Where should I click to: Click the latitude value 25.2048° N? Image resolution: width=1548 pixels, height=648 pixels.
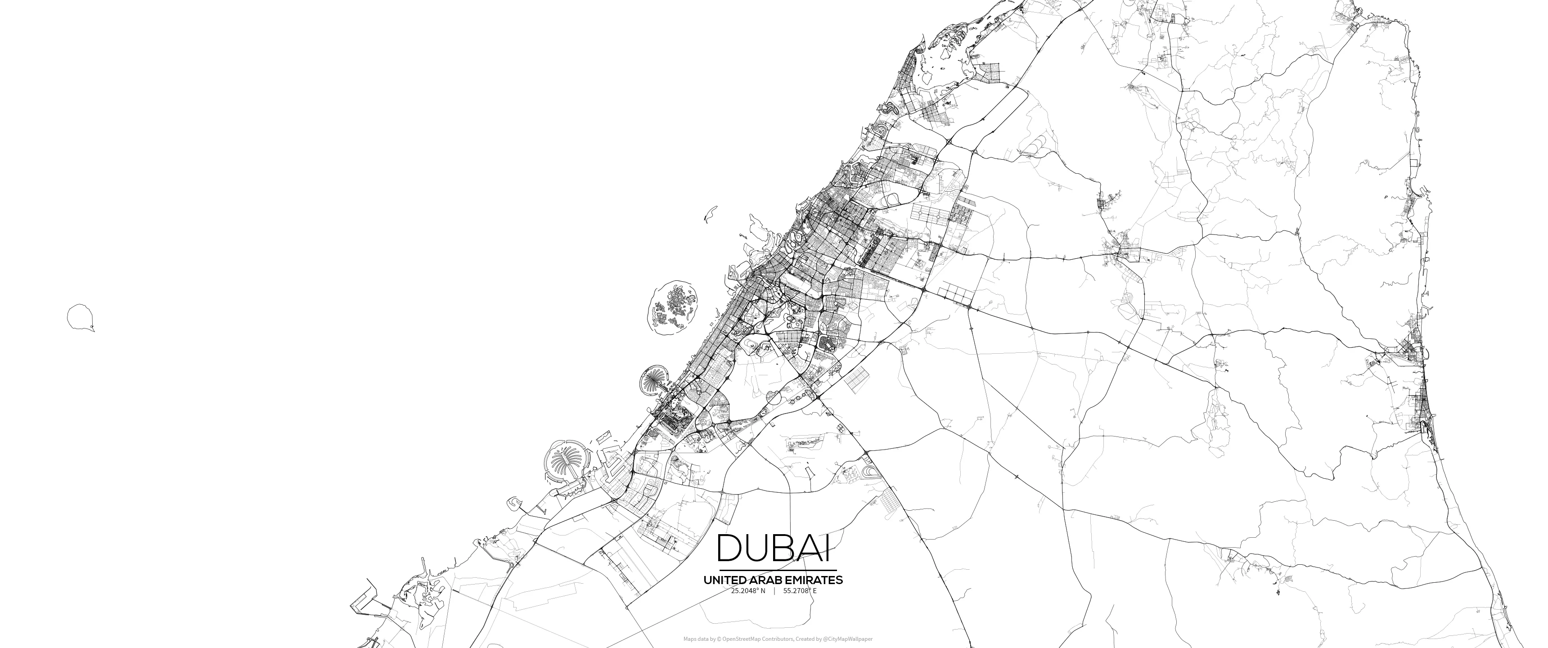pos(748,591)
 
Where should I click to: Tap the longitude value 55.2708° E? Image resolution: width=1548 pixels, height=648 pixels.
pos(800,591)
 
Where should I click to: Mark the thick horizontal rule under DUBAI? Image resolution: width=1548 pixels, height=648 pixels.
pos(778,570)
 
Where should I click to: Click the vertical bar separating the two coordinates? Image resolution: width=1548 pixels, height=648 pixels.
pos(774,591)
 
